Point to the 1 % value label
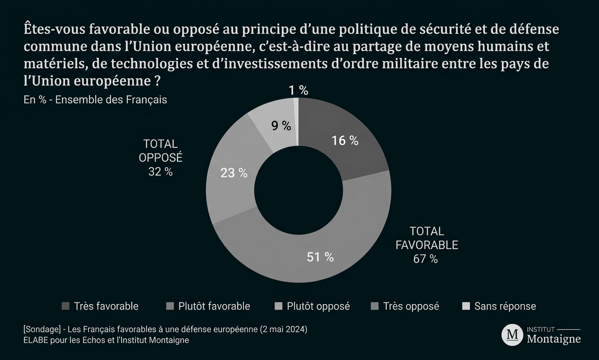[299, 90]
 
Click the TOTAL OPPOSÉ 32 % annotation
[161, 157]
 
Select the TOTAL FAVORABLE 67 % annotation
[427, 245]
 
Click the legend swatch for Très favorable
[66, 306]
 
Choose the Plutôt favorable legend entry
[208, 306]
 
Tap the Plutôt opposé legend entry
[313, 306]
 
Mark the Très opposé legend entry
[405, 306]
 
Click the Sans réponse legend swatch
[466, 306]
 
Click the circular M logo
[512, 334]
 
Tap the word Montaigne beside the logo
[554, 339]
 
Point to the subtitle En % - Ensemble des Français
[95, 100]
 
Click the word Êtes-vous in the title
[54, 29]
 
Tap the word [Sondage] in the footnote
[42, 329]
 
